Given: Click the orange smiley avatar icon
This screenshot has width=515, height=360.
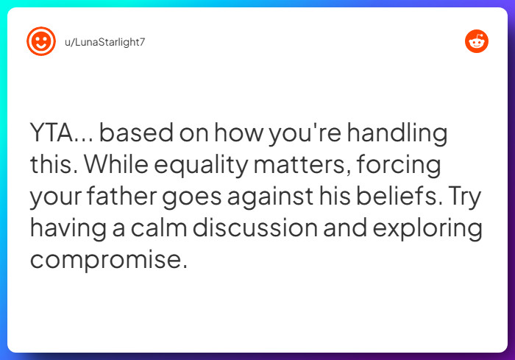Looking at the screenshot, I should pyautogui.click(x=41, y=41).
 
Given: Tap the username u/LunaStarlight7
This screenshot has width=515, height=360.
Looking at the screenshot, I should pyautogui.click(x=105, y=41).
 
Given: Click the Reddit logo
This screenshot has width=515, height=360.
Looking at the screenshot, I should pyautogui.click(x=477, y=42).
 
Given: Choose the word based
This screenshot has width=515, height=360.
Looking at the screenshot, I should pyautogui.click(x=133, y=135).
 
